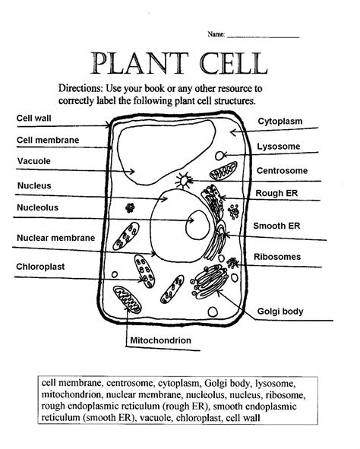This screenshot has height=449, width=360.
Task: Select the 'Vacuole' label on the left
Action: (x=34, y=161)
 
